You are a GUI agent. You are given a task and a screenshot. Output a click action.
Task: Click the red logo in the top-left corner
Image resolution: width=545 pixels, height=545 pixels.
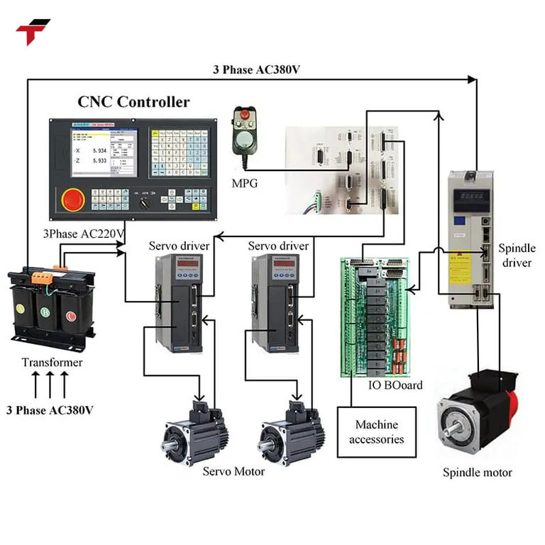[32, 31]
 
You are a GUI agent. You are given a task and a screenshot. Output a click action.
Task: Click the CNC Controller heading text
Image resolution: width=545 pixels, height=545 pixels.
[133, 102]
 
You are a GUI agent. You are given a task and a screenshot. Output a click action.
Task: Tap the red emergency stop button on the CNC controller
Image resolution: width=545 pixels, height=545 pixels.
[72, 199]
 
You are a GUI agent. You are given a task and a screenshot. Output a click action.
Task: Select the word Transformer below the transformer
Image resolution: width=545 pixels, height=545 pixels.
[52, 363]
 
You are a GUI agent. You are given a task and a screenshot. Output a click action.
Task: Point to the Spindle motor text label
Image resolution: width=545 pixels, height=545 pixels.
[477, 472]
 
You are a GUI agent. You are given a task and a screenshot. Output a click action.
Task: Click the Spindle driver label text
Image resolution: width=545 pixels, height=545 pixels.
[517, 255]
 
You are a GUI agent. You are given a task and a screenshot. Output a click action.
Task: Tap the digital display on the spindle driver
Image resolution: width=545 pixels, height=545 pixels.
[470, 195]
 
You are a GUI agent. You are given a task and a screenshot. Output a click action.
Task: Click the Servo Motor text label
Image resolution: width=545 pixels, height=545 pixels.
[233, 471]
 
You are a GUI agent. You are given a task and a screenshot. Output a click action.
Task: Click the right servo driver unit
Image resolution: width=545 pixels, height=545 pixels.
[275, 303]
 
